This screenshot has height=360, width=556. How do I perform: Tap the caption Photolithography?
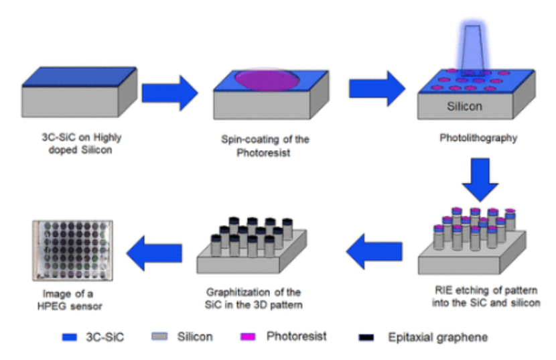point(470,139)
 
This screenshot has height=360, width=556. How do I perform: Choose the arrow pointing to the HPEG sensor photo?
point(153,251)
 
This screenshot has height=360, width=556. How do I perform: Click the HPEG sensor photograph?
point(72,250)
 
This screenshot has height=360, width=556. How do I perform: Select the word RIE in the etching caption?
point(443,291)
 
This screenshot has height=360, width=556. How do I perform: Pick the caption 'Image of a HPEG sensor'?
point(68,300)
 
